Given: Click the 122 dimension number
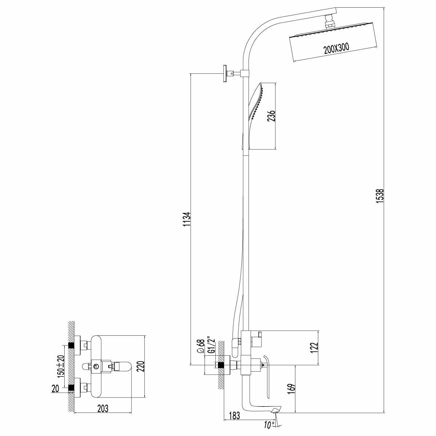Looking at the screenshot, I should point(315,348).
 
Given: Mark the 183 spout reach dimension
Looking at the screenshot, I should point(235,416).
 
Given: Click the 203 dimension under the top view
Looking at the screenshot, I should point(103,408).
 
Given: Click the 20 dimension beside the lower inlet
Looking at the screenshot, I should point(55,389).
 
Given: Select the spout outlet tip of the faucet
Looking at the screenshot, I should point(275,410).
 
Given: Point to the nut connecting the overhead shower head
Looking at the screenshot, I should point(330,20).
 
